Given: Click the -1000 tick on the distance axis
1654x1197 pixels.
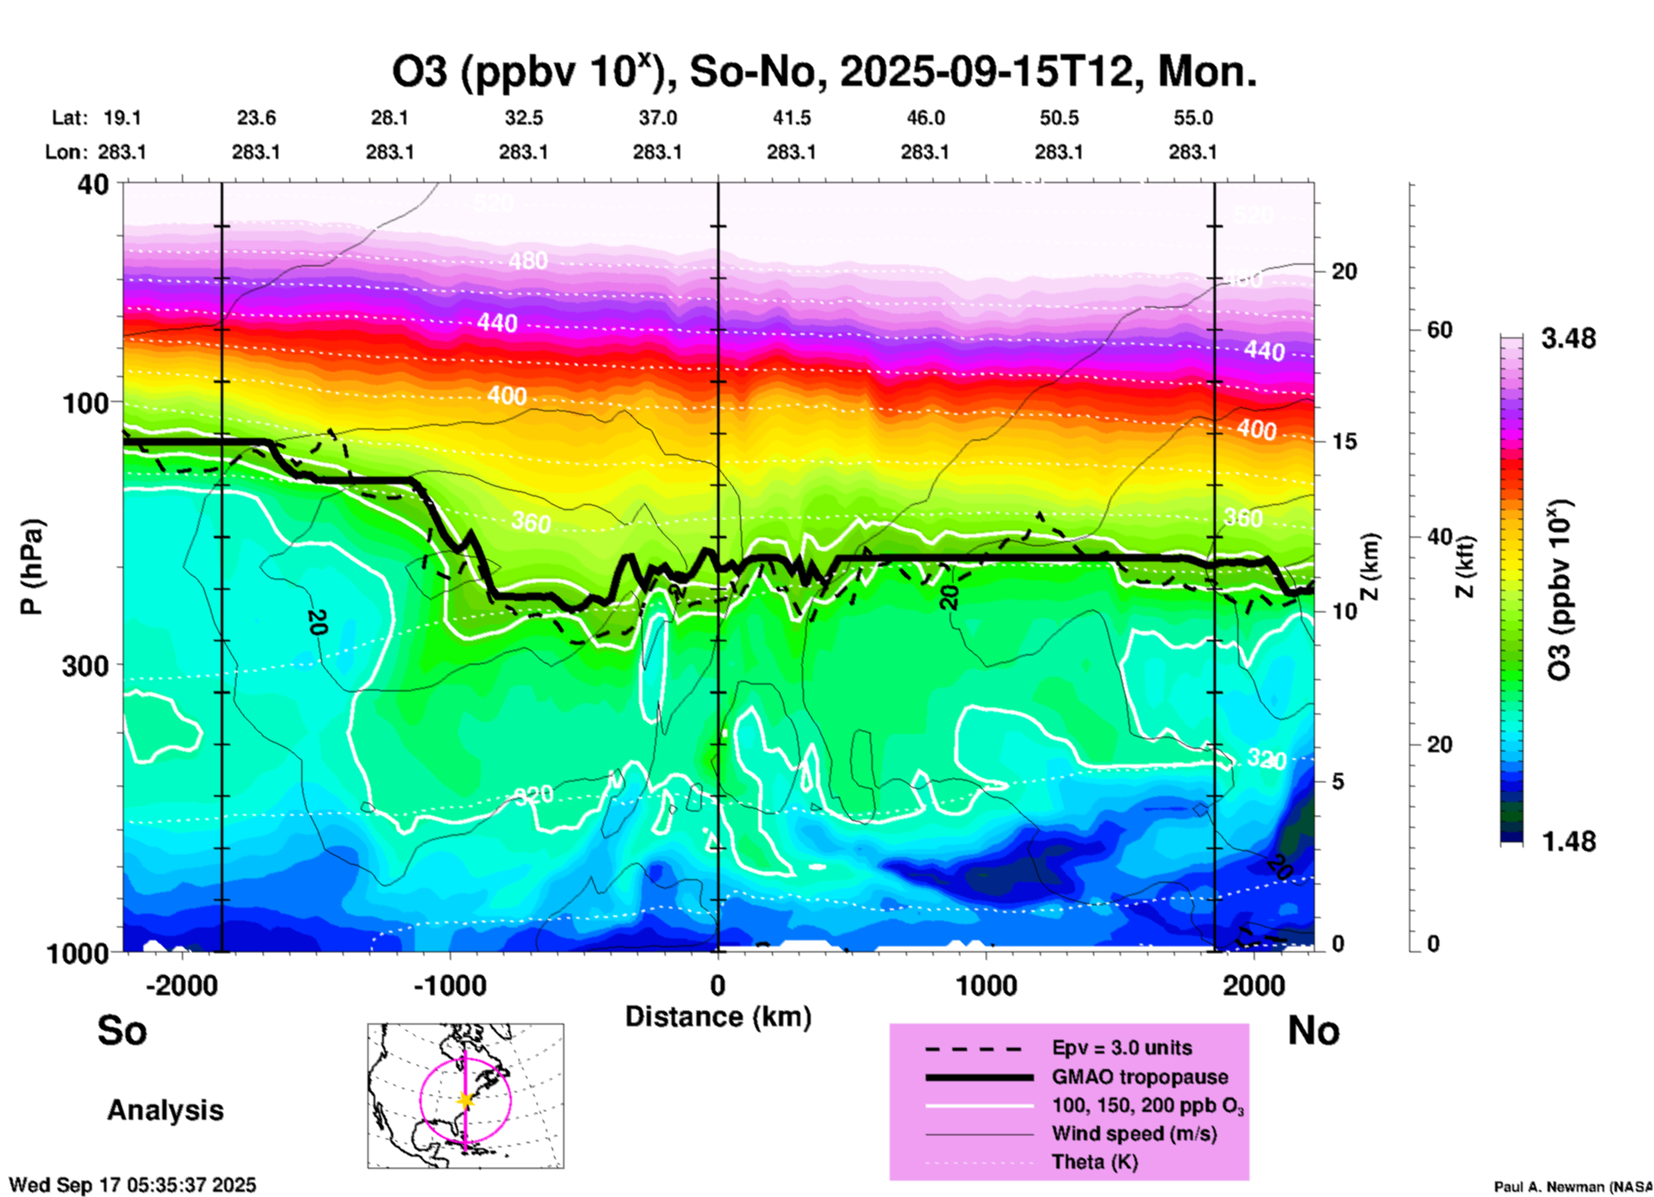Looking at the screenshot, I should coord(449,985).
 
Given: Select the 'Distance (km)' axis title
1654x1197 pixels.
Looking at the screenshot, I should coord(718,1017).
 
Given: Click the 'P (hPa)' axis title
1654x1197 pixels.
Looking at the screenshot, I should coord(32,567).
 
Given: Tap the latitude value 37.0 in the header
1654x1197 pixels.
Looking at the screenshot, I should coord(657,118).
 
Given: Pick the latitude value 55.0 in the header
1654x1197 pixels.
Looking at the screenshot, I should coord(1193,118).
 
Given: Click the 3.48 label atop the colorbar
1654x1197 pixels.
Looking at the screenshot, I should coord(1568,338).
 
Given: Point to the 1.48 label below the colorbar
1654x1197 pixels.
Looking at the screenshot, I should coord(1568,841).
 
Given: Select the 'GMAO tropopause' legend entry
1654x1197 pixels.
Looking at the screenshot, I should coord(1140,1077).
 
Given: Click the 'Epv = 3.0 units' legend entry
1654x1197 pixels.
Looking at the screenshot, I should coord(1122,1048).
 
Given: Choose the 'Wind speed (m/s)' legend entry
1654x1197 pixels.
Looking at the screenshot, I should coord(1134,1133).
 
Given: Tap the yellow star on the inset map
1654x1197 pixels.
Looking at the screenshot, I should coord(465,1100).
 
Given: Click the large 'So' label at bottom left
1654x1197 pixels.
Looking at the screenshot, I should coord(122,1030).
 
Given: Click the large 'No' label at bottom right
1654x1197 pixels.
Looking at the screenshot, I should coord(1313,1030).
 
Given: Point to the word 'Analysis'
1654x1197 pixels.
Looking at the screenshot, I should coord(165,1110).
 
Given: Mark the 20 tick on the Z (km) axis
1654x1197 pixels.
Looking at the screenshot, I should coord(1344,271).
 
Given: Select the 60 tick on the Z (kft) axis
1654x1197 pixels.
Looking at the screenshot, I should coord(1439,330).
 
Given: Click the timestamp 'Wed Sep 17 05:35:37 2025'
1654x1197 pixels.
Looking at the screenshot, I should coord(133,1185).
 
